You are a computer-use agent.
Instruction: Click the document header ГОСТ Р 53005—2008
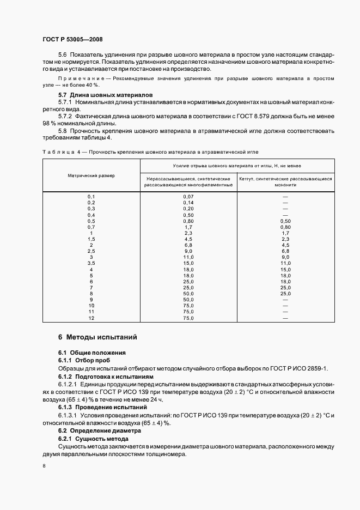72,40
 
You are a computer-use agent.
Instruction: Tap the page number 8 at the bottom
44,466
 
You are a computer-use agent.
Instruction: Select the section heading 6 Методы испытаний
97,337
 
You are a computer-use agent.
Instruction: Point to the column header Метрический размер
91,175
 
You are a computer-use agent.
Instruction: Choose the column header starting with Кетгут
285,181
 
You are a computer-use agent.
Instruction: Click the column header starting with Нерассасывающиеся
188,181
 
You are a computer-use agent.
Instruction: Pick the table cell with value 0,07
188,196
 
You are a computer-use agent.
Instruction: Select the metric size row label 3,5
91,263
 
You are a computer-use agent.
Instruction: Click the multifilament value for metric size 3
188,257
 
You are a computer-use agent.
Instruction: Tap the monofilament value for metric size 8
285,294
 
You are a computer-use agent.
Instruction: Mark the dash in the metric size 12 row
285,318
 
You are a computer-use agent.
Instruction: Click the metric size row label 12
91,318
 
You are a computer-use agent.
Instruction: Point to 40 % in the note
90,85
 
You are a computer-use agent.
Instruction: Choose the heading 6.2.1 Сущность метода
93,439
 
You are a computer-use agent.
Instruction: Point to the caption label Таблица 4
59,151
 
